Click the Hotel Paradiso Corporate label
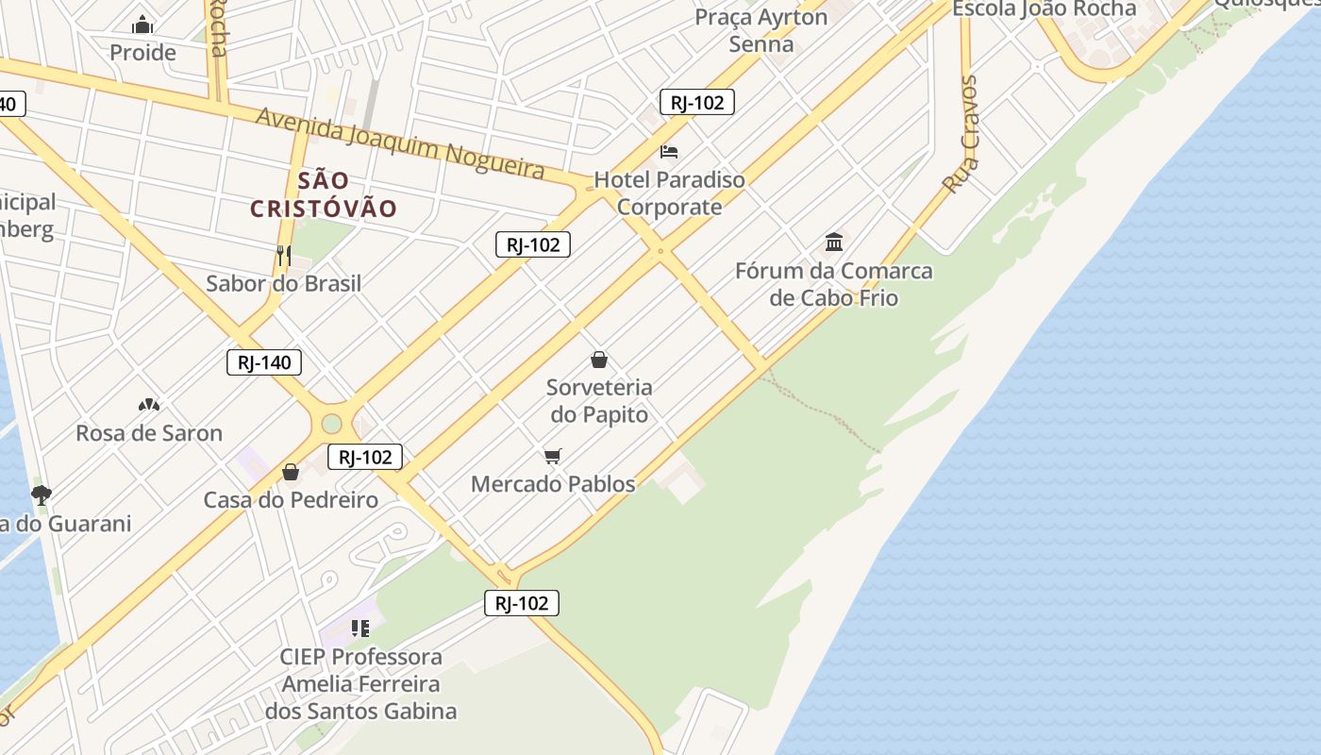pyautogui.click(x=669, y=193)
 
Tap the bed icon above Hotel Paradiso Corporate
pyautogui.click(x=669, y=151)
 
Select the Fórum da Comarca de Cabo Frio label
pyautogui.click(x=834, y=284)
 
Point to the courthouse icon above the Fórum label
pyautogui.click(x=834, y=243)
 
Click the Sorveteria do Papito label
pyautogui.click(x=599, y=400)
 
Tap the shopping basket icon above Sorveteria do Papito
pyautogui.click(x=598, y=360)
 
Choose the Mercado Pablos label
pyautogui.click(x=553, y=484)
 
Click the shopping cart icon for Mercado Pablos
pyautogui.click(x=553, y=457)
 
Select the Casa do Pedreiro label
pyautogui.click(x=291, y=500)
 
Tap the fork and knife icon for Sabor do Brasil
pyautogui.click(x=283, y=255)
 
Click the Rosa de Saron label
pyautogui.click(x=149, y=433)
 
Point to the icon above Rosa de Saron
pyautogui.click(x=149, y=405)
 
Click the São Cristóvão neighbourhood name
pyautogui.click(x=324, y=194)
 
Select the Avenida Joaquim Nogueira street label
pyautogui.click(x=400, y=143)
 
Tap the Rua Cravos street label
pyautogui.click(x=961, y=134)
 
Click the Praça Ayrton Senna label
pyautogui.click(x=761, y=30)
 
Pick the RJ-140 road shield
pyautogui.click(x=264, y=361)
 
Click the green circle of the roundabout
pyautogui.click(x=331, y=423)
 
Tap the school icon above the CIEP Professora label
pyautogui.click(x=360, y=628)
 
